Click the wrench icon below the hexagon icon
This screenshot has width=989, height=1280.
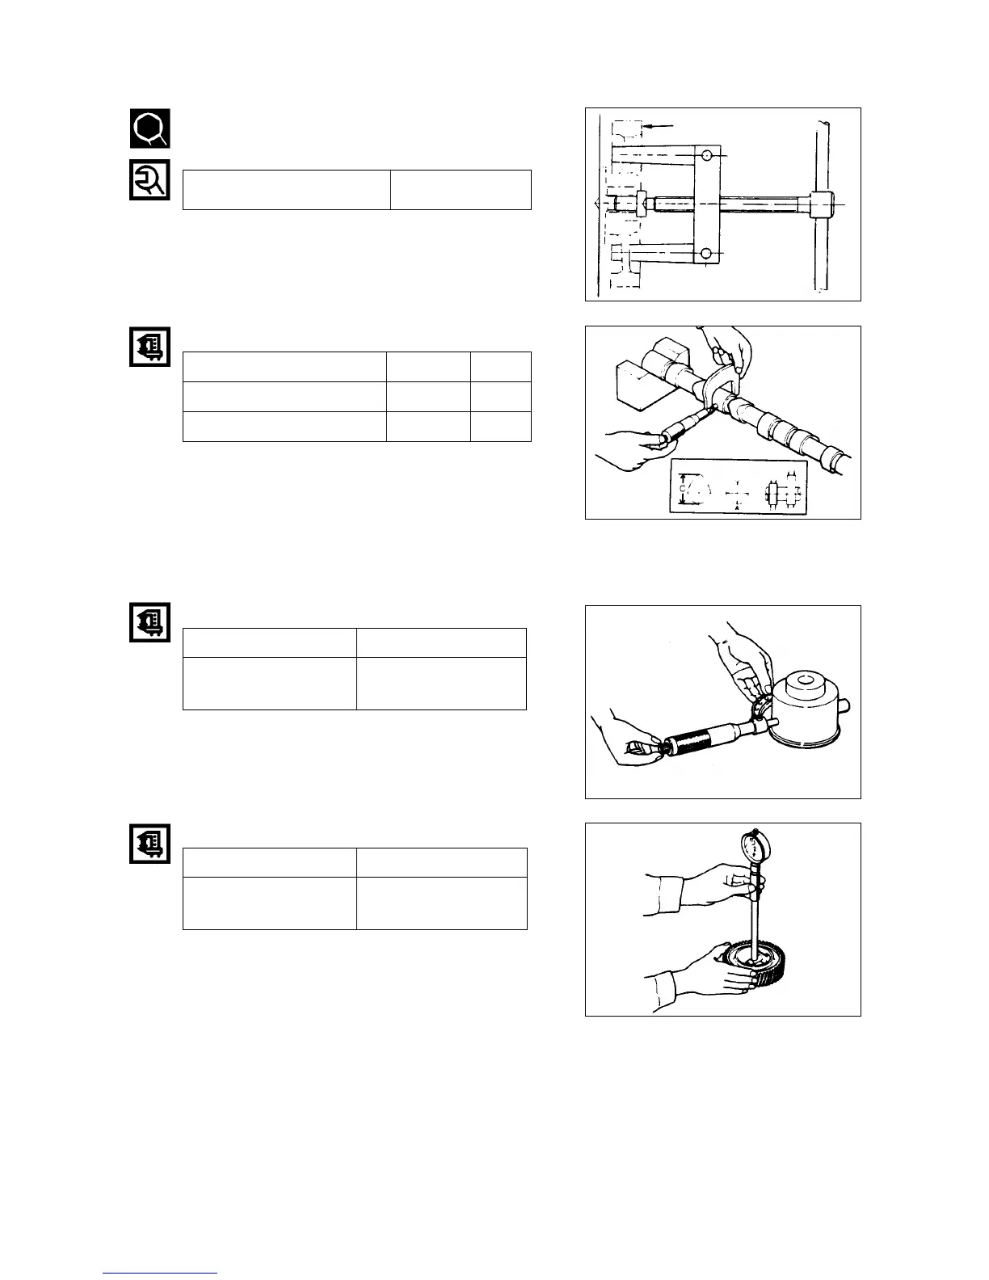pos(150,180)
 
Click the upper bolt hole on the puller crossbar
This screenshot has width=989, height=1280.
pos(707,154)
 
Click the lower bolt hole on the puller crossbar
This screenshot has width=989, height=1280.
pos(707,255)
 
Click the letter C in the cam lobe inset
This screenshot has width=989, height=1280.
pos(683,489)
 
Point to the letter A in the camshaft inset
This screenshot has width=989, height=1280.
pos(738,506)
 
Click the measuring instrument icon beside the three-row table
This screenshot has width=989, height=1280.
pos(150,347)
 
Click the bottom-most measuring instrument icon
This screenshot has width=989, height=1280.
pos(150,844)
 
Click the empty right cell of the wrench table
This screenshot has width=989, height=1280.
pos(461,190)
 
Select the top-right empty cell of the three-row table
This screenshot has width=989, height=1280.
pos(500,367)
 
